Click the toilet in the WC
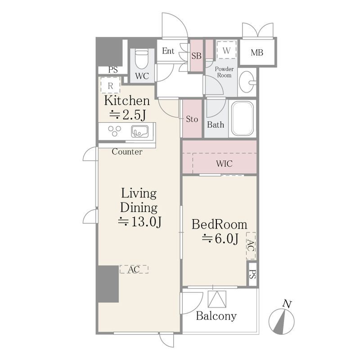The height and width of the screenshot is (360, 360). click(x=141, y=59)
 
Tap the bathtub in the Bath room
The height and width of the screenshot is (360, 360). click(x=243, y=118)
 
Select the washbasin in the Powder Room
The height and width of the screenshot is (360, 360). click(x=247, y=81)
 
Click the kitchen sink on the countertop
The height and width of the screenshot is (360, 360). click(x=139, y=131)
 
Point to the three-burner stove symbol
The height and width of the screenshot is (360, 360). click(x=115, y=131)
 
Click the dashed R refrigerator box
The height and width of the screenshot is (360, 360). click(x=110, y=85)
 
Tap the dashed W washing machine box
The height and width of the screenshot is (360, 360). click(x=226, y=50)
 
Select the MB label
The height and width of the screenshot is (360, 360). click(x=257, y=53)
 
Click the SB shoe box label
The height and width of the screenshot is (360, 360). click(x=196, y=56)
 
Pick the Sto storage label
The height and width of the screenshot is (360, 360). click(x=192, y=119)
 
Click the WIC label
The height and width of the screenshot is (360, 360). click(x=224, y=163)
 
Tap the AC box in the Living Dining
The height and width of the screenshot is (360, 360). click(x=134, y=269)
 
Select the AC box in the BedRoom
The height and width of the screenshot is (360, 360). click(x=251, y=246)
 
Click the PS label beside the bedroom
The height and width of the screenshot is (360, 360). click(x=252, y=274)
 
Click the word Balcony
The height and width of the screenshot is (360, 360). click(x=216, y=316)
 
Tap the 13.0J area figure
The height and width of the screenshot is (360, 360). click(x=140, y=221)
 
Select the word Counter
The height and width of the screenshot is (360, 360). click(x=127, y=152)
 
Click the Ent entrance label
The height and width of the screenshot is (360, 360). click(x=168, y=51)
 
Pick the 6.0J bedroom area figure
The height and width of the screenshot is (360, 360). click(x=220, y=238)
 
